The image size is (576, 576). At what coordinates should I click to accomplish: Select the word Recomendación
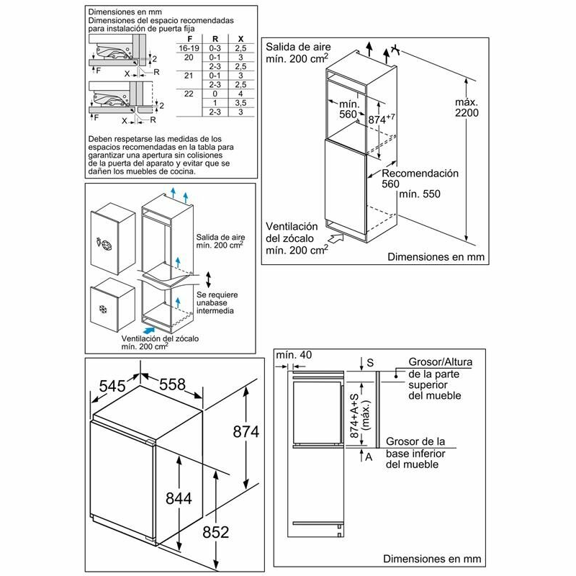pos(420,174)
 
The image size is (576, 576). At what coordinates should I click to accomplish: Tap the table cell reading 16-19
pos(189,47)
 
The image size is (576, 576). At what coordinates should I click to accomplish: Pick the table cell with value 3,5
pos(240,103)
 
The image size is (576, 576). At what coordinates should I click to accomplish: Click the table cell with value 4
pos(240,94)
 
